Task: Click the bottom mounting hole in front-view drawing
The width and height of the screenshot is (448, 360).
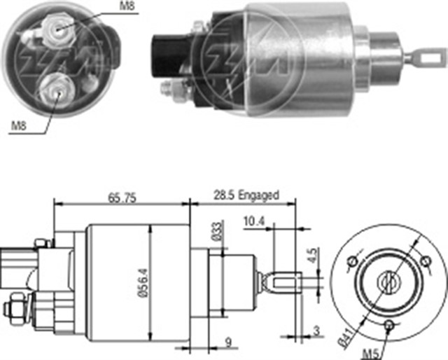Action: click(x=389, y=324)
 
